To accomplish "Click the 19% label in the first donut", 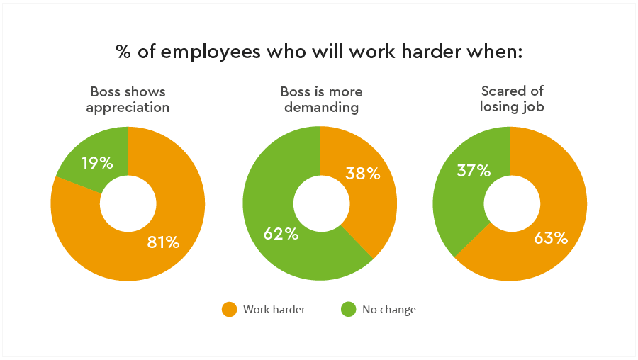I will (97, 163).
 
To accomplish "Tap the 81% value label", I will (163, 242).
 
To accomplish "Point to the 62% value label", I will (281, 234).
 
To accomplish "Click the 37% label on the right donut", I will (474, 171).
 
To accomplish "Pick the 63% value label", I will (551, 238).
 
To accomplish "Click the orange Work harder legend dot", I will (229, 309).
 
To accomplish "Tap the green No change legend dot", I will (348, 309).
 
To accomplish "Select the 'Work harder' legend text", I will (274, 310).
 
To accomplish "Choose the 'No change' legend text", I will (389, 310).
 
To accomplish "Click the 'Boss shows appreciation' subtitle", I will (128, 100).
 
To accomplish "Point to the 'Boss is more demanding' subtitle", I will (320, 100).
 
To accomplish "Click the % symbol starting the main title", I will (123, 52).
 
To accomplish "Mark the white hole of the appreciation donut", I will (128, 204).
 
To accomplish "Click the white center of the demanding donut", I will (320, 204).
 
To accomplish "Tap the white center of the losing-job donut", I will (510, 204).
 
